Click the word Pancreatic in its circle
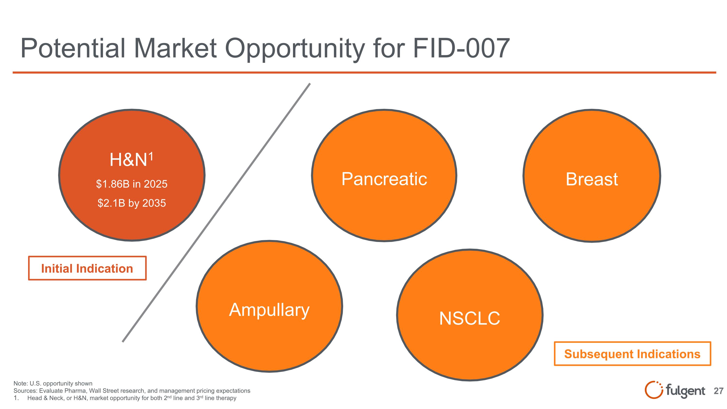[x=384, y=179]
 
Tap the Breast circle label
[x=592, y=179]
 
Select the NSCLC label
[x=470, y=318]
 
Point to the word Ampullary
[x=269, y=310]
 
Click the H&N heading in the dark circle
[x=128, y=160]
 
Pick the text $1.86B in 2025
[x=132, y=184]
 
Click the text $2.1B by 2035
[x=132, y=203]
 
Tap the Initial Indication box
[x=87, y=268]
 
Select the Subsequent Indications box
[x=632, y=354]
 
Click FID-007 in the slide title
[x=461, y=48]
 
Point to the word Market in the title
[x=175, y=48]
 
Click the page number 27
[x=719, y=391]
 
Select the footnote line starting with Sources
[x=132, y=391]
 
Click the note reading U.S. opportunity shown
[x=53, y=383]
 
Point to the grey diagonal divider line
[x=216, y=213]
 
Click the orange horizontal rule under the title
[x=364, y=72]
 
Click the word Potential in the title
[x=73, y=48]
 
